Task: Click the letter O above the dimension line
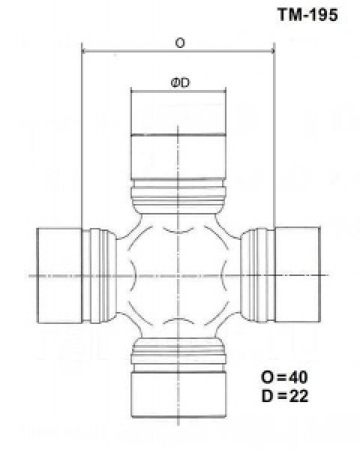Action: pos(179,43)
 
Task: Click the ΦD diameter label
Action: pos(179,82)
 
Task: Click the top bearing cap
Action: pos(179,135)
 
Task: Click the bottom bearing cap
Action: pos(179,394)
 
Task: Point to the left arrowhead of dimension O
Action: pos(85,52)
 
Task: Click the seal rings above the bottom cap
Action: pos(179,351)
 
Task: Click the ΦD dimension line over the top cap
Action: pos(179,92)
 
